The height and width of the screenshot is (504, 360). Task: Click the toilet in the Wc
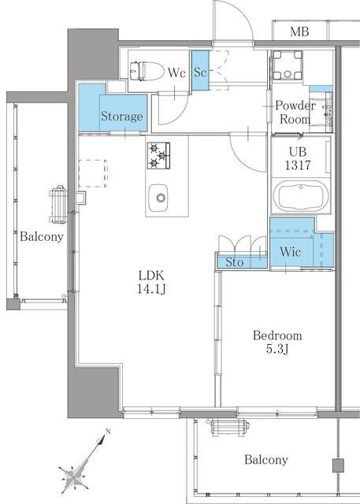pos(147,72)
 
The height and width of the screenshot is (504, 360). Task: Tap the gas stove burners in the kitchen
pos(158,156)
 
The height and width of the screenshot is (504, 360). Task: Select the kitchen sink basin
pos(158,198)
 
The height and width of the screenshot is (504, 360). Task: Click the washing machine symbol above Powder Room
pos(288,65)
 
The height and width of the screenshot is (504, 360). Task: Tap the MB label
pos(299,31)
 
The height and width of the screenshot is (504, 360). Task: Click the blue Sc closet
pos(200,70)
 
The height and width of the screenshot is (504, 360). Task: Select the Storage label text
pos(122,117)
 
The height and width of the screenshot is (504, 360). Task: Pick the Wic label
pos(290,251)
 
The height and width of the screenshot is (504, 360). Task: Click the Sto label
pos(234,262)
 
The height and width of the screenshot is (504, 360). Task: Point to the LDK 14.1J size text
pos(151,282)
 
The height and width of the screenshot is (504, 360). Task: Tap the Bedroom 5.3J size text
pos(277,342)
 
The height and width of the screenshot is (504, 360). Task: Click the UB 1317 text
pos(298,158)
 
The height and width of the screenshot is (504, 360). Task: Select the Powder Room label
pos(295,112)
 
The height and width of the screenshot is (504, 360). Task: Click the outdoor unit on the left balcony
pos(58,205)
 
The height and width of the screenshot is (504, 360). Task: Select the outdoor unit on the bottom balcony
pos(231,428)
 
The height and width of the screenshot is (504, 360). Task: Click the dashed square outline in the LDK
pos(93,173)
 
